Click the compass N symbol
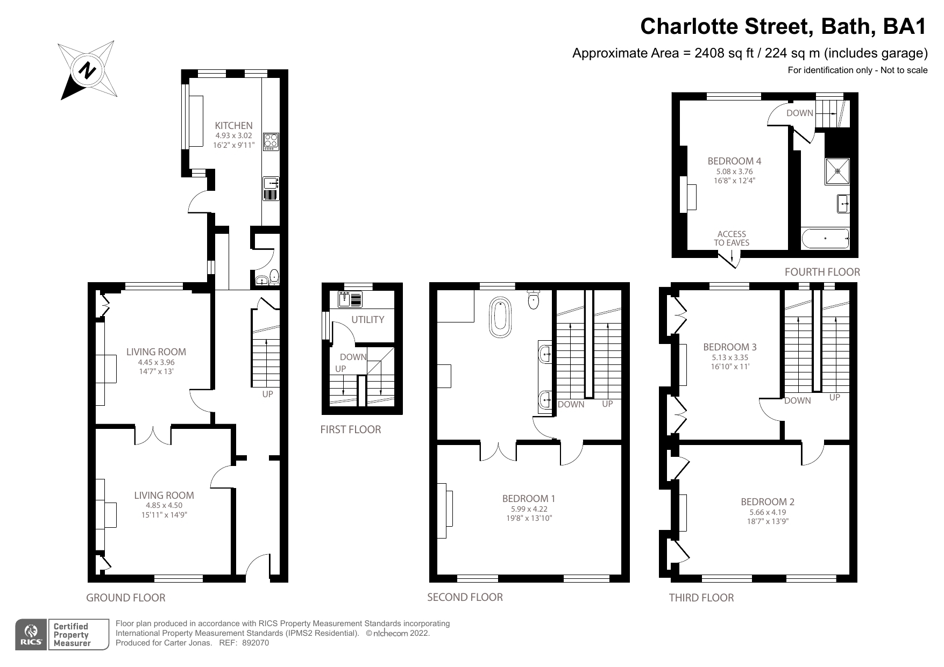(x=87, y=70)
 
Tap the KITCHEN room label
(x=233, y=125)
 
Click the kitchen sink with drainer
(x=271, y=188)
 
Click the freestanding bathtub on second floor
(x=500, y=318)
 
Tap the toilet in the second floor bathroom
(x=534, y=299)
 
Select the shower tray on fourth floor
(x=837, y=171)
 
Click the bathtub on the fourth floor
(x=825, y=239)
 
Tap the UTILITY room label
(x=367, y=319)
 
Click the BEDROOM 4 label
(x=734, y=161)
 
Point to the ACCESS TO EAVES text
(x=732, y=238)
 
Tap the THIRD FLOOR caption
(x=701, y=598)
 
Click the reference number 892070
(x=255, y=643)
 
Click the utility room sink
(x=350, y=299)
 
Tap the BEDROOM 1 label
(x=528, y=499)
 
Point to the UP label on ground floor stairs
(x=267, y=394)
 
